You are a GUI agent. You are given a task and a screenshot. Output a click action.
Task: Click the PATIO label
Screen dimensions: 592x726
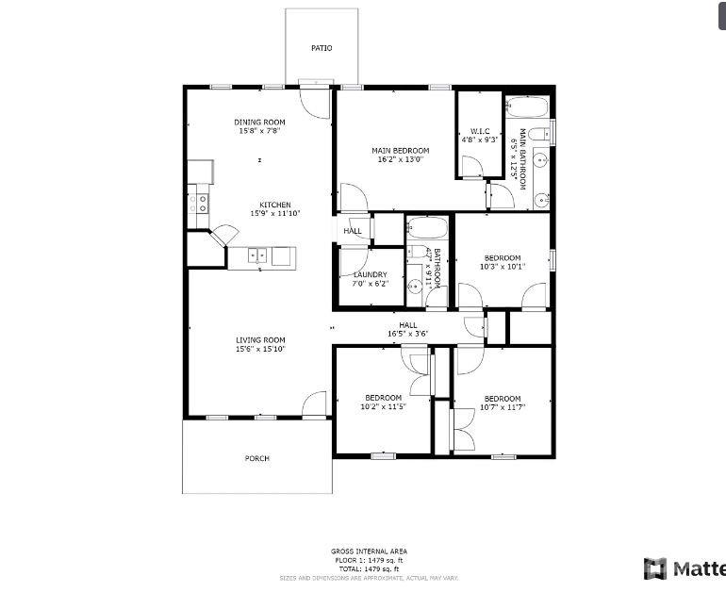click(322, 48)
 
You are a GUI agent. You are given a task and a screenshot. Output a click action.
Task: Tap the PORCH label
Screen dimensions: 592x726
click(257, 459)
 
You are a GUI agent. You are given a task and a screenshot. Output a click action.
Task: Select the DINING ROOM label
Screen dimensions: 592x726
click(259, 122)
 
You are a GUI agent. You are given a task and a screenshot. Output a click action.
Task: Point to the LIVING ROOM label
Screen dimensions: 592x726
click(260, 340)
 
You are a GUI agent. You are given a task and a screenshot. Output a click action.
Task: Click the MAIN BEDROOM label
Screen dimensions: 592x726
click(400, 151)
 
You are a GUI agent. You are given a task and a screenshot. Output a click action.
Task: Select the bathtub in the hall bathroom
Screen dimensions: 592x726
click(429, 228)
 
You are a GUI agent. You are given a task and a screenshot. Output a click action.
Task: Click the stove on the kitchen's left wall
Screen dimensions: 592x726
click(198, 200)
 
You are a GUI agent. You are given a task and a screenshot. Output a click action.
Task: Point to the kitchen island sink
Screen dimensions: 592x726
click(257, 255)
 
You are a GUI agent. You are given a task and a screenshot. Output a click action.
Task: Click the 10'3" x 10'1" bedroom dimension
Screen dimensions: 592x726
click(502, 267)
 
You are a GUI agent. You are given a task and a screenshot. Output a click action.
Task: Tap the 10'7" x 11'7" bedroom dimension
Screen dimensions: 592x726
click(502, 407)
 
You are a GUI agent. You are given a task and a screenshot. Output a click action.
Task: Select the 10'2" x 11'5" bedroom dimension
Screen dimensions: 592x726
click(383, 407)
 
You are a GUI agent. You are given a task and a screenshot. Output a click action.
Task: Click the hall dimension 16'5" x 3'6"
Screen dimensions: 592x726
click(407, 334)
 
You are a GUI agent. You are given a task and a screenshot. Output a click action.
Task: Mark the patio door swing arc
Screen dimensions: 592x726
click(316, 102)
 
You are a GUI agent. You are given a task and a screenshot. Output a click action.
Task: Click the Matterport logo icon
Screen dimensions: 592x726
click(655, 568)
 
